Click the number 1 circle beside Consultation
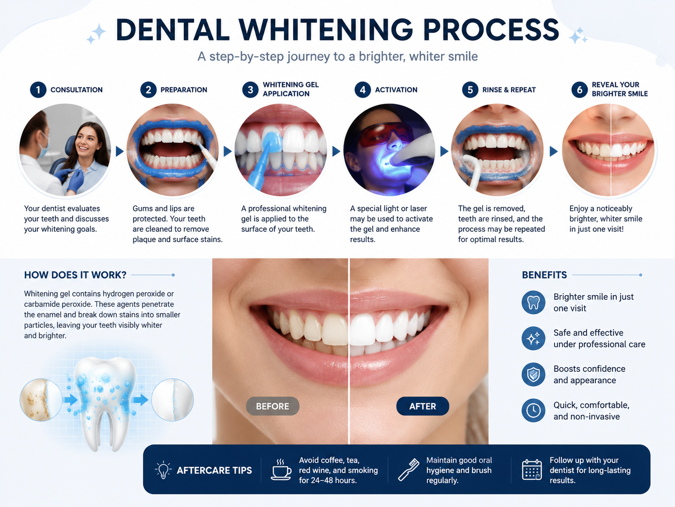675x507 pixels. [38, 90]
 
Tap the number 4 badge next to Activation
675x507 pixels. [362, 90]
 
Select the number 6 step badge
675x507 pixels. [579, 90]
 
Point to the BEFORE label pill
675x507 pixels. [272, 406]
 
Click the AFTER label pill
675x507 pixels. [423, 406]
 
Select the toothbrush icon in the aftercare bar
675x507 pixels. [408, 470]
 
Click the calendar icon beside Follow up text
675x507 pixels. [532, 470]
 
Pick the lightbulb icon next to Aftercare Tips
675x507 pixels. [163, 470]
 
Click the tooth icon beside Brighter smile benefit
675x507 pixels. [534, 303]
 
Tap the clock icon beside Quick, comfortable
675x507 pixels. [534, 410]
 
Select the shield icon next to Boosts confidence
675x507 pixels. [534, 375]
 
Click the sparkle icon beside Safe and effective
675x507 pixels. [534, 339]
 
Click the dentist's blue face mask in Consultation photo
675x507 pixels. [44, 146]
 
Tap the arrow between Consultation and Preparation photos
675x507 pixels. [119, 151]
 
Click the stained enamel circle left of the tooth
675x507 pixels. [41, 400]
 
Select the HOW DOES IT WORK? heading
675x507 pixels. [76, 275]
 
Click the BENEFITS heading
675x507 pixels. [544, 275]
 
